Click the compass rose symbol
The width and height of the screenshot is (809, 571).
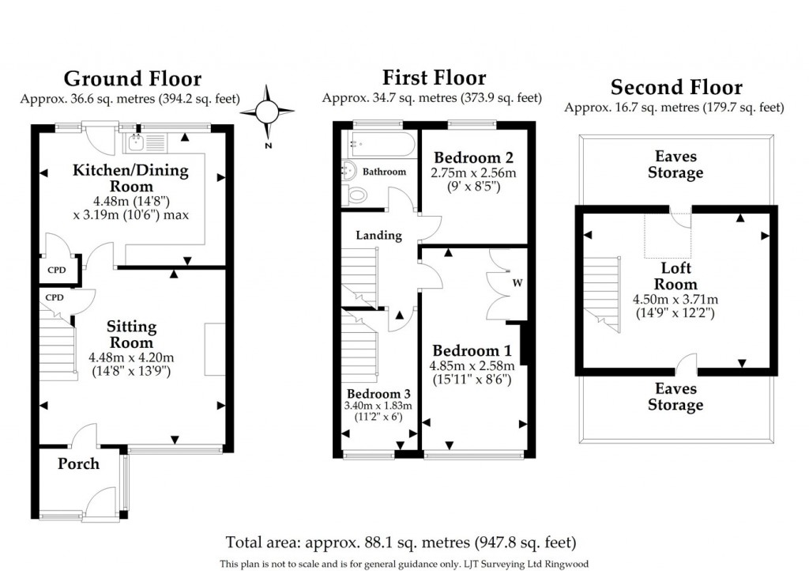(267, 111)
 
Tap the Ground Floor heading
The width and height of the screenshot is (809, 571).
(133, 78)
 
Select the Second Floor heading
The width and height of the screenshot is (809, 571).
(676, 87)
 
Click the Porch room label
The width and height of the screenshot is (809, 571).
(78, 463)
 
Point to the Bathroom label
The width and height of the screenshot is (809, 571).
(384, 172)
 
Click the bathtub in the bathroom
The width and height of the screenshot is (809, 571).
(382, 145)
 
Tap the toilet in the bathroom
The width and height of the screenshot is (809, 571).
(356, 195)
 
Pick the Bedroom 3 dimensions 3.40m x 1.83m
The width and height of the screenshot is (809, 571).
(378, 406)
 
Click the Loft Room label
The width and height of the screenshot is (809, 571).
(676, 276)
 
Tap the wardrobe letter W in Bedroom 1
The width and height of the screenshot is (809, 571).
(517, 283)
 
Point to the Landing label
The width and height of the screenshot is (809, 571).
(378, 236)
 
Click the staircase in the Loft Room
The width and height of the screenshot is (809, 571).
(601, 293)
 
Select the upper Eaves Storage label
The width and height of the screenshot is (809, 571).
(675, 164)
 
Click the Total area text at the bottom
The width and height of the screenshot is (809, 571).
(401, 543)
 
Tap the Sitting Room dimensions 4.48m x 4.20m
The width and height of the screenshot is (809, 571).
(131, 357)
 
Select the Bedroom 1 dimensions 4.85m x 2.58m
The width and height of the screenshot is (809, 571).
(472, 366)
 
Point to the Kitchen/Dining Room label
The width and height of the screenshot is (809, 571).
(131, 178)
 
